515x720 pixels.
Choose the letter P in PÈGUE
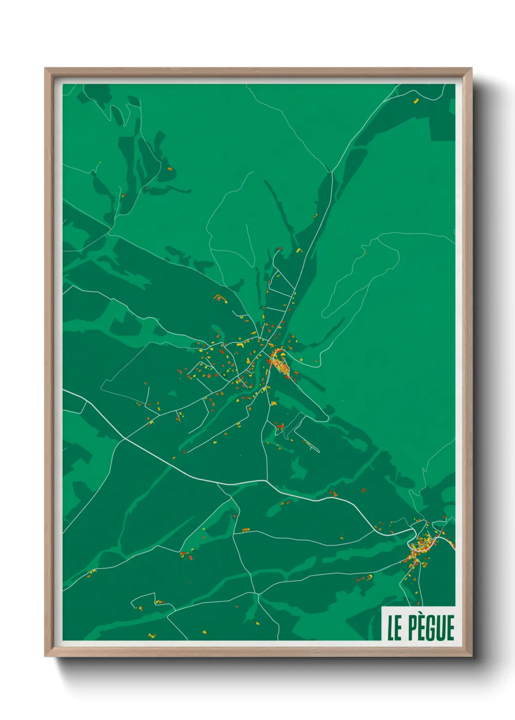pyautogui.click(x=410, y=628)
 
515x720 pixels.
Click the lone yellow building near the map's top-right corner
pyautogui.click(x=417, y=101)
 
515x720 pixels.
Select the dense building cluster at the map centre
pyautogui.click(x=279, y=362)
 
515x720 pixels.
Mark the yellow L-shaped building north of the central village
pyautogui.click(x=299, y=251)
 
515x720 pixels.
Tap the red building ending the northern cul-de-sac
pyautogui.click(x=280, y=248)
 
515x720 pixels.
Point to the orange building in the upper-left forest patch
pyautogui.click(x=170, y=169)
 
